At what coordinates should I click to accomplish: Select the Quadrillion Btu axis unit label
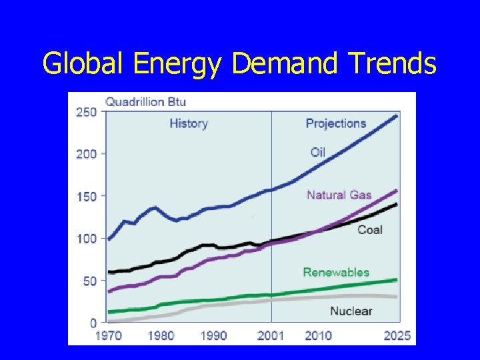145,102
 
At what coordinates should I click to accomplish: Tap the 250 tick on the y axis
85,112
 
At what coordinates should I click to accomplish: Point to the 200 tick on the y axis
85,154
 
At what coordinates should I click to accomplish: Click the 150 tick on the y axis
85,197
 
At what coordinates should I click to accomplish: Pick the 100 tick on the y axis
85,239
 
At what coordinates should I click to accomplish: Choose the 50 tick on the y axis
89,281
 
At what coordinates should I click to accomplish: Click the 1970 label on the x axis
108,335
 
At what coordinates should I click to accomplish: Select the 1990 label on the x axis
213,335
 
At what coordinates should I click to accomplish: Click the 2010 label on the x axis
318,335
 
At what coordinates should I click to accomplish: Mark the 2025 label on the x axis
397,335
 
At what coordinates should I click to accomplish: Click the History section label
189,123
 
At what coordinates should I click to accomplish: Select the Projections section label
336,123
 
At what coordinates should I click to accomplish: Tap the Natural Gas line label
339,195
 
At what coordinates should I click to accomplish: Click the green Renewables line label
336,272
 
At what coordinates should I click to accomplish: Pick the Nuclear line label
351,311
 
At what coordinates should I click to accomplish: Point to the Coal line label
370,230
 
